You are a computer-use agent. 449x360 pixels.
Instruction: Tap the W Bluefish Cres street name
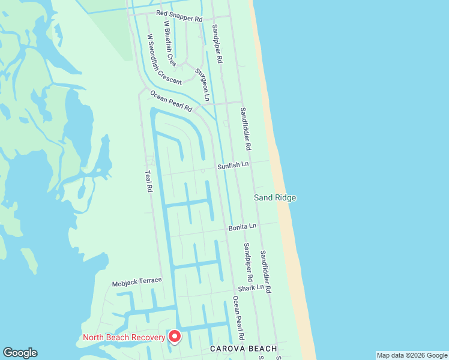coord(170,43)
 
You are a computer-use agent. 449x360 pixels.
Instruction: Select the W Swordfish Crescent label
coord(164,59)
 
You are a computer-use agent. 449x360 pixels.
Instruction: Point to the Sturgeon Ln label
coord(202,84)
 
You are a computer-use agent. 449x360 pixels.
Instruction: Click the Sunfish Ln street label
coord(233,164)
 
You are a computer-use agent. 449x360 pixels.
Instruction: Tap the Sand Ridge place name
coord(275,197)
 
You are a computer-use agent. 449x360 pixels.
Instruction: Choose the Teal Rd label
coord(148,181)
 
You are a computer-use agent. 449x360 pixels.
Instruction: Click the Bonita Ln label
coord(243,227)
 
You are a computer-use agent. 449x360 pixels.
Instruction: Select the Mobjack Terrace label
coord(137,281)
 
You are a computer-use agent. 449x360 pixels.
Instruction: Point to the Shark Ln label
coord(250,288)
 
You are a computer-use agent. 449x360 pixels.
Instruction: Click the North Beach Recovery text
coord(124,337)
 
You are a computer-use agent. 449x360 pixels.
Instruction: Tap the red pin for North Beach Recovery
coord(175,337)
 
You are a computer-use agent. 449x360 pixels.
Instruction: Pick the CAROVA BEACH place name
coord(243,349)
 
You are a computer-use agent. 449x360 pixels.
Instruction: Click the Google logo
coord(20,353)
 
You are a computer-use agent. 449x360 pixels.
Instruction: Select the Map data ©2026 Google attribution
coord(412,355)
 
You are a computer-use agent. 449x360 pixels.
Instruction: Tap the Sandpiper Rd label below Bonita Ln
coord(247,262)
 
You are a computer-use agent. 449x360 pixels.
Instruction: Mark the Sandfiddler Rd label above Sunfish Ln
coord(246,128)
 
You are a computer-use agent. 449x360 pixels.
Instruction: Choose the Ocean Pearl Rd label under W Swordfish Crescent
coord(171,100)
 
